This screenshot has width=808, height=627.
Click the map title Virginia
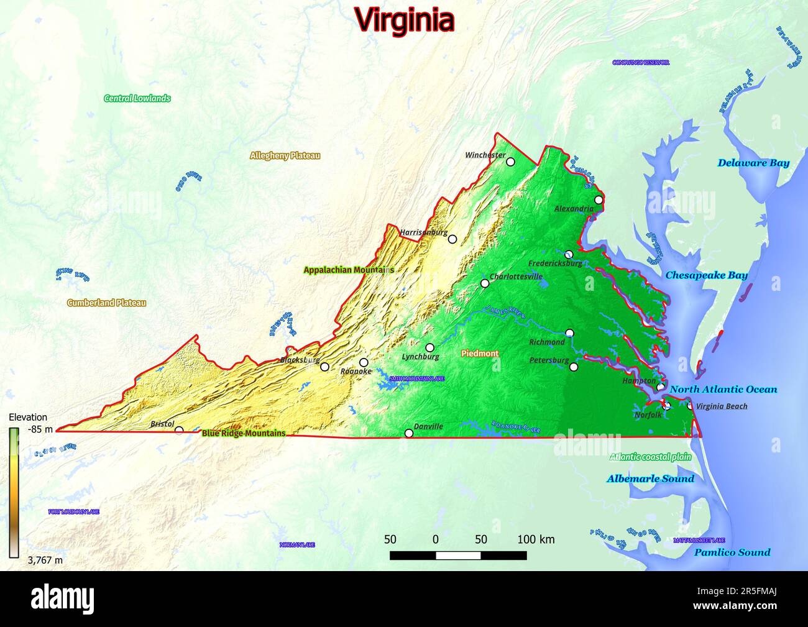tap(405, 19)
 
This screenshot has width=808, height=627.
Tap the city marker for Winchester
tap(510, 162)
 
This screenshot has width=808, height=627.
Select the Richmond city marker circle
tap(569, 333)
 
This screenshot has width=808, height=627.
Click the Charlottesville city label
tap(516, 277)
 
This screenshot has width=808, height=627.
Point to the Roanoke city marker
tap(364, 362)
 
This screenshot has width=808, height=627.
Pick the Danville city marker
tap(409, 433)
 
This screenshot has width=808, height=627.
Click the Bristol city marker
tap(179, 430)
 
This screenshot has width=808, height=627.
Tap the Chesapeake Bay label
tap(706, 275)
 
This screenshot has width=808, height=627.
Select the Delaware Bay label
tap(753, 163)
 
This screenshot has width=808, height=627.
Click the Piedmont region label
tap(480, 353)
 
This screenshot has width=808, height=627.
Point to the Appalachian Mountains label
tap(348, 270)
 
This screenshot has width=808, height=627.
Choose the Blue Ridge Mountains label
tap(244, 433)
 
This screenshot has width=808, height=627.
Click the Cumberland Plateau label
tap(106, 303)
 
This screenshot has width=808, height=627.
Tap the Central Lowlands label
tap(137, 98)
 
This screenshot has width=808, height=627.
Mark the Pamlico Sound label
tap(732, 552)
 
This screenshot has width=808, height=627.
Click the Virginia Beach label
tap(721, 406)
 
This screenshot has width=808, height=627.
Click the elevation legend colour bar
tap(14, 491)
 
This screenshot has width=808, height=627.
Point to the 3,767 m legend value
tap(45, 560)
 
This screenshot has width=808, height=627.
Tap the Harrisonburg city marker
tap(452, 239)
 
